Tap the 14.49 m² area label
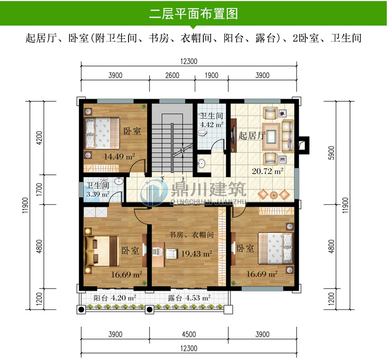(x=119, y=157)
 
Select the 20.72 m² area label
(x=267, y=171)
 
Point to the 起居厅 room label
(x=252, y=135)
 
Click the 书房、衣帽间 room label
(x=192, y=235)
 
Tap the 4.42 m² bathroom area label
(x=211, y=126)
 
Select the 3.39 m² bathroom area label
(x=98, y=194)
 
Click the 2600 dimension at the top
(x=172, y=75)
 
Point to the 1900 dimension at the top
(x=211, y=75)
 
